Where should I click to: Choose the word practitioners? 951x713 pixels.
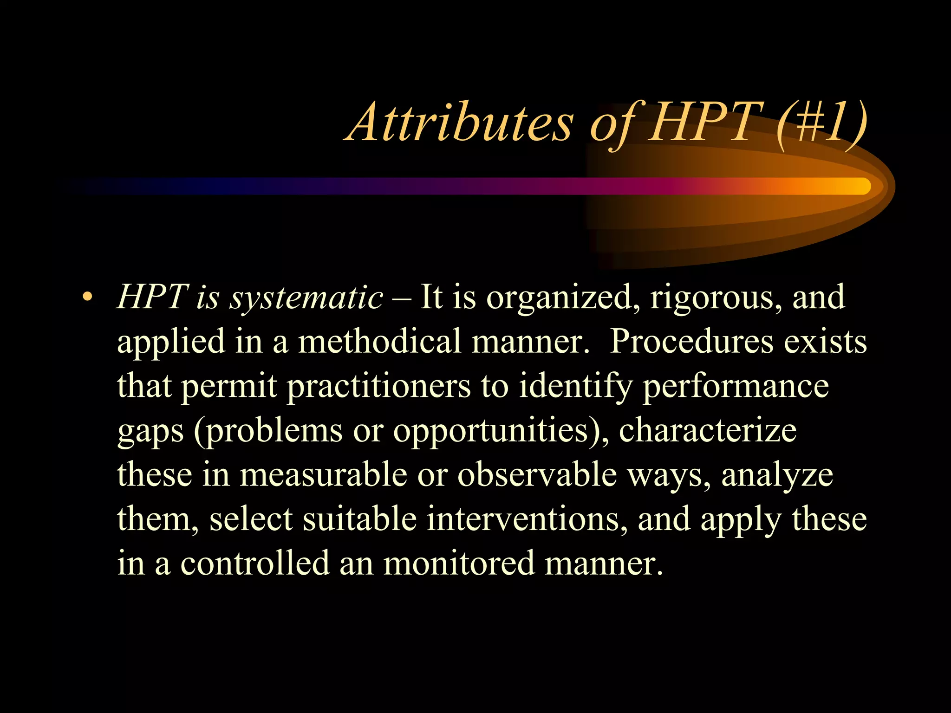[378, 387]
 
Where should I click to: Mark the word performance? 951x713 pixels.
[736, 387]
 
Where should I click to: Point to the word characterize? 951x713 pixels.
[708, 430]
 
